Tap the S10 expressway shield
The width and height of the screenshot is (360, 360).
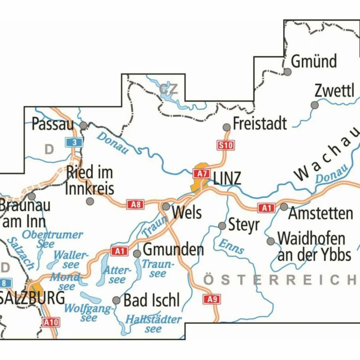click(x=225, y=145)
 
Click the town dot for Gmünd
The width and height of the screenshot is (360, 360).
click(x=288, y=72)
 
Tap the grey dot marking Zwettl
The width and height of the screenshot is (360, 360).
click(x=315, y=105)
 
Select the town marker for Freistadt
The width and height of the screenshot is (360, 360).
click(x=227, y=127)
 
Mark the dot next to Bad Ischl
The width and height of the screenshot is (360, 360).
click(x=116, y=300)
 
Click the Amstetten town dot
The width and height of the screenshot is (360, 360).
click(x=284, y=207)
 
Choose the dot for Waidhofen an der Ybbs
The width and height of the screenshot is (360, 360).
click(x=271, y=241)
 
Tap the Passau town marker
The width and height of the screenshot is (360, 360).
click(x=83, y=126)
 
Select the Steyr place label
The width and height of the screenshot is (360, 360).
click(x=244, y=225)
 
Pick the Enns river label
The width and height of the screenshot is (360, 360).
click(x=231, y=246)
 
